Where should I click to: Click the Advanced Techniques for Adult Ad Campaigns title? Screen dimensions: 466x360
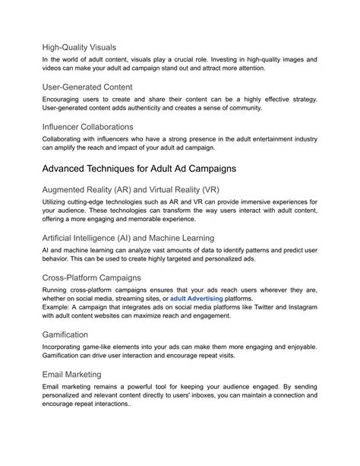[140, 166]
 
